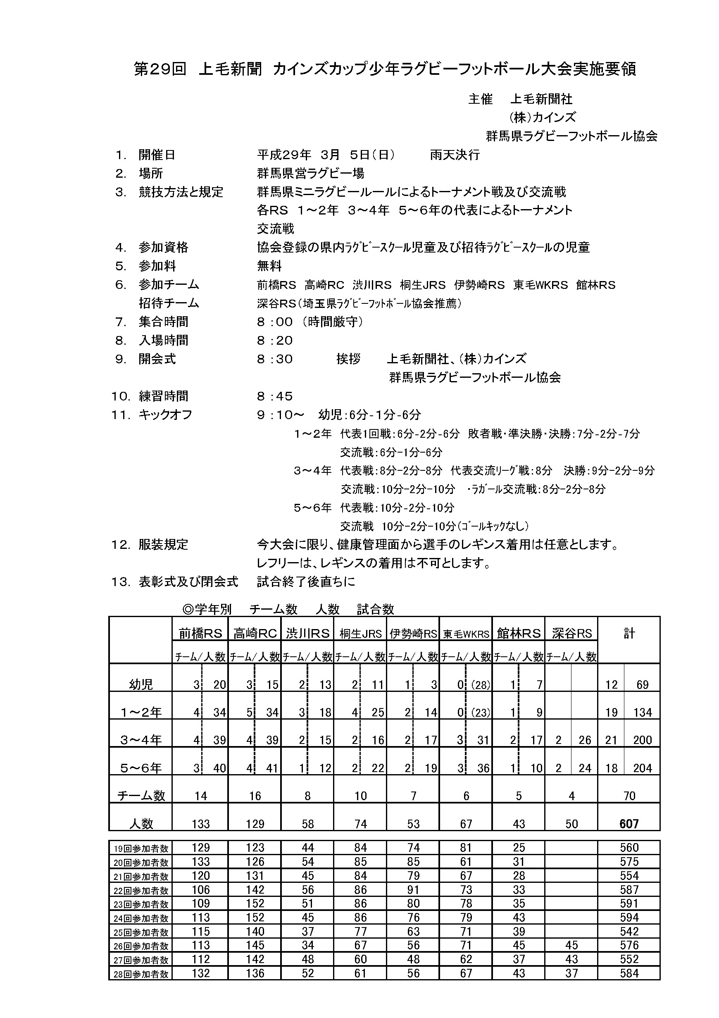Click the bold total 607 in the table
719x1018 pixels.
tap(629, 824)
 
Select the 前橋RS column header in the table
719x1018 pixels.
tap(200, 634)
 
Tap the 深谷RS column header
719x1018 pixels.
tap(571, 634)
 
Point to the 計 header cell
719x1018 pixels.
tap(629, 633)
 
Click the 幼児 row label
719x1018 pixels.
tap(141, 684)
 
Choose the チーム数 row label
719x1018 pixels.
tap(141, 796)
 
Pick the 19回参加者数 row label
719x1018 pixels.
tap(141, 849)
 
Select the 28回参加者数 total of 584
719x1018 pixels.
tap(629, 973)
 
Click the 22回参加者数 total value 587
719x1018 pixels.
tap(629, 890)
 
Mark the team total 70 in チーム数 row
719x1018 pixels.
tap(629, 796)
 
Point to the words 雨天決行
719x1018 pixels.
tap(455, 155)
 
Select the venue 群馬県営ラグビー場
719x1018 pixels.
tap(310, 173)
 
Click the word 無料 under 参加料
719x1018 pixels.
tap(269, 266)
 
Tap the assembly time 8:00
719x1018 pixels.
tap(275, 322)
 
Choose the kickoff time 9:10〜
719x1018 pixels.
tap(281, 415)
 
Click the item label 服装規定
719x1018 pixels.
tap(163, 544)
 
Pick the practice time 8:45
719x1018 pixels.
tap(275, 396)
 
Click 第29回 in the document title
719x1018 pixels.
tap(160, 69)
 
